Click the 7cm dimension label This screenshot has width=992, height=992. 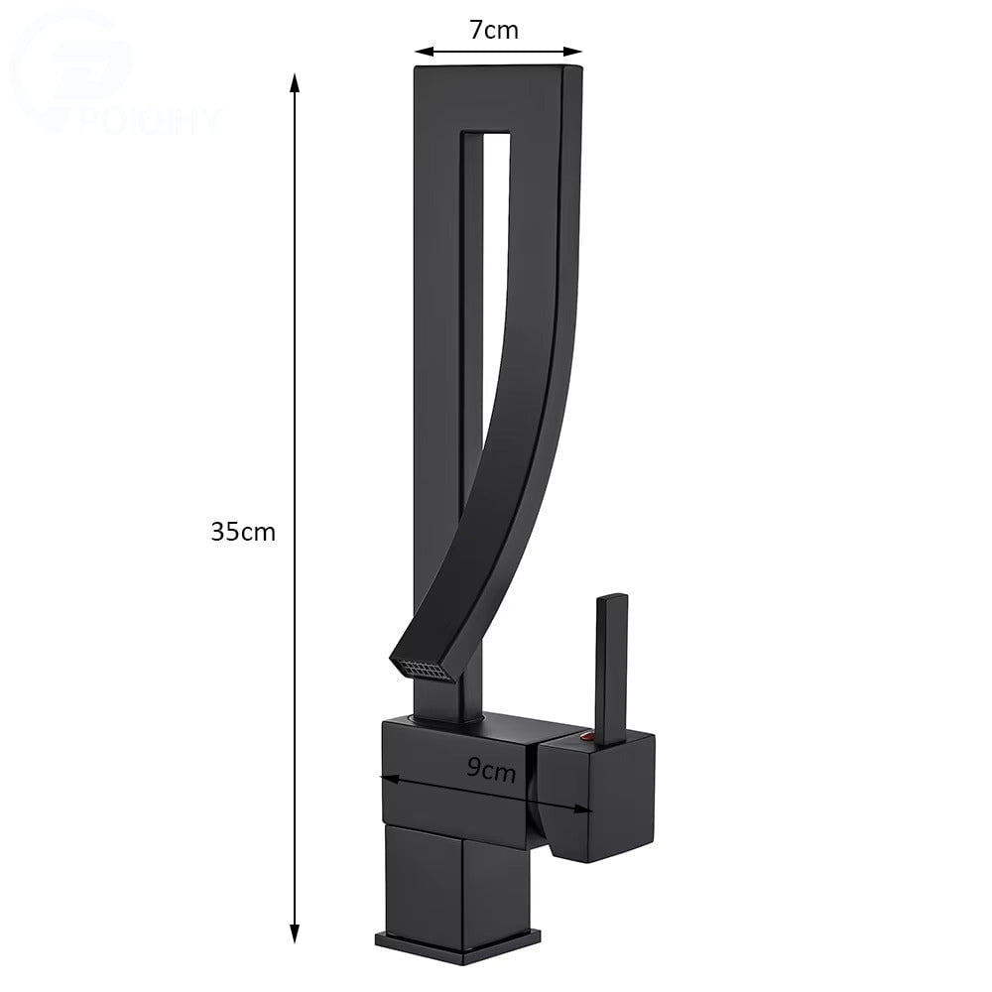(x=494, y=30)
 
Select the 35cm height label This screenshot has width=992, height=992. (x=243, y=532)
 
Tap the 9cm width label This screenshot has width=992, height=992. (x=491, y=767)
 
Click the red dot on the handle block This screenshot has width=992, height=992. (x=586, y=736)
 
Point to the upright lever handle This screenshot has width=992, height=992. (x=611, y=665)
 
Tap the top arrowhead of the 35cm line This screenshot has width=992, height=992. (x=294, y=81)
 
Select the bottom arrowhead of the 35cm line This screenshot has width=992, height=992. (x=294, y=934)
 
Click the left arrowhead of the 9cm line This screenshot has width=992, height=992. (x=387, y=777)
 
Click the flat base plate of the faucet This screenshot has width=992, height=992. (x=458, y=938)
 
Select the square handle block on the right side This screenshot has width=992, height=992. (x=595, y=794)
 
